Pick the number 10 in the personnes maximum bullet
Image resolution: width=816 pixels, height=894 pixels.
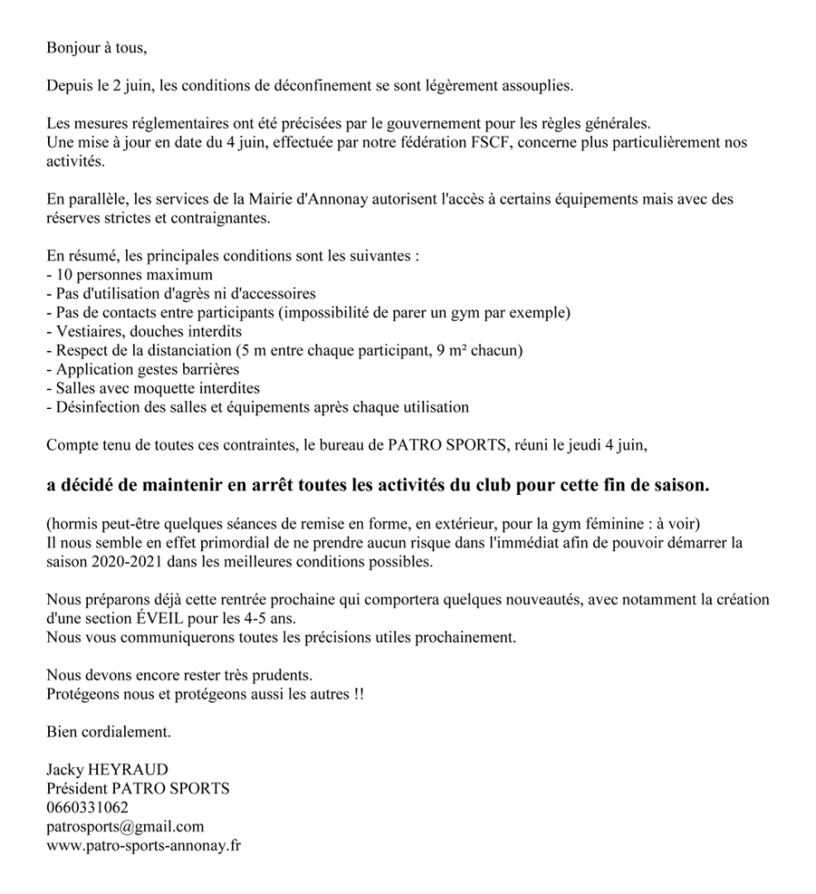point(63,275)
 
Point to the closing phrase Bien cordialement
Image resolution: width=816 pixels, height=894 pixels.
point(108,731)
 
